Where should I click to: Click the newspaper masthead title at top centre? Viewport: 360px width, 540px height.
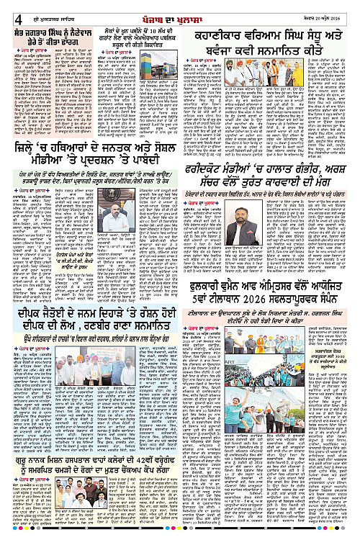177,8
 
